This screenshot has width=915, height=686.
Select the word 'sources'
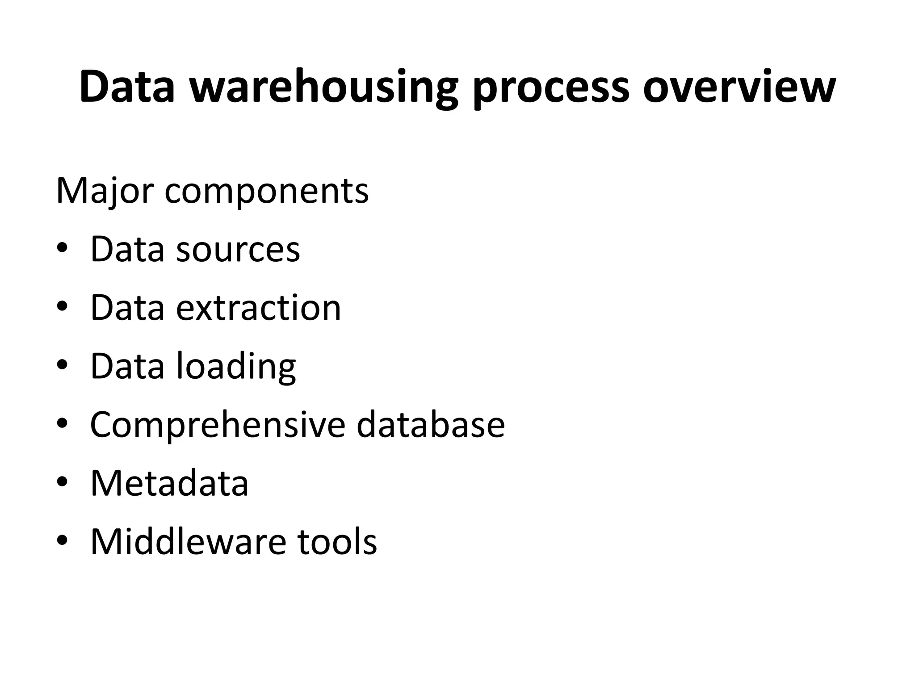click(238, 249)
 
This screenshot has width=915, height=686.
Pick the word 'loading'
click(236, 367)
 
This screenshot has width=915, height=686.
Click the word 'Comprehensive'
click(218, 425)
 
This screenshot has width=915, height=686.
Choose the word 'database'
click(430, 425)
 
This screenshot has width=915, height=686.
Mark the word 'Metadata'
click(169, 483)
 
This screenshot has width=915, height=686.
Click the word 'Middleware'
click(188, 541)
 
